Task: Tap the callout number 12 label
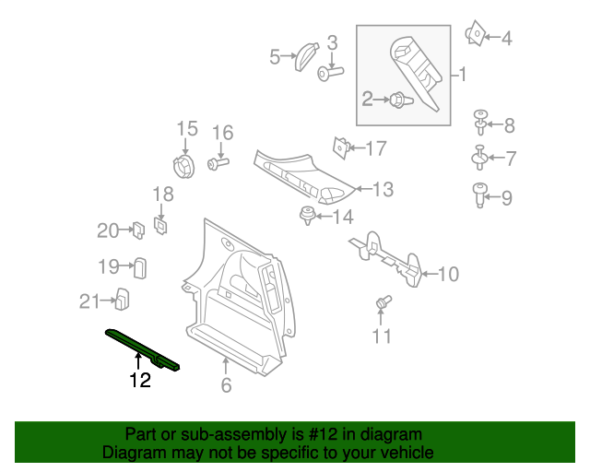point(139,381)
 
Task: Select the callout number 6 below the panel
point(226,386)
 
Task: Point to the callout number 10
point(447,274)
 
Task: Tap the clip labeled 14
point(305,217)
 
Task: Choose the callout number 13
point(383,190)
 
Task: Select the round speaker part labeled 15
point(185,168)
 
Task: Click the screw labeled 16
point(218,164)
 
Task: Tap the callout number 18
point(162,195)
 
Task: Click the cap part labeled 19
point(141,267)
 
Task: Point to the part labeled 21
point(121,299)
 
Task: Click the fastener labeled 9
point(479,195)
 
